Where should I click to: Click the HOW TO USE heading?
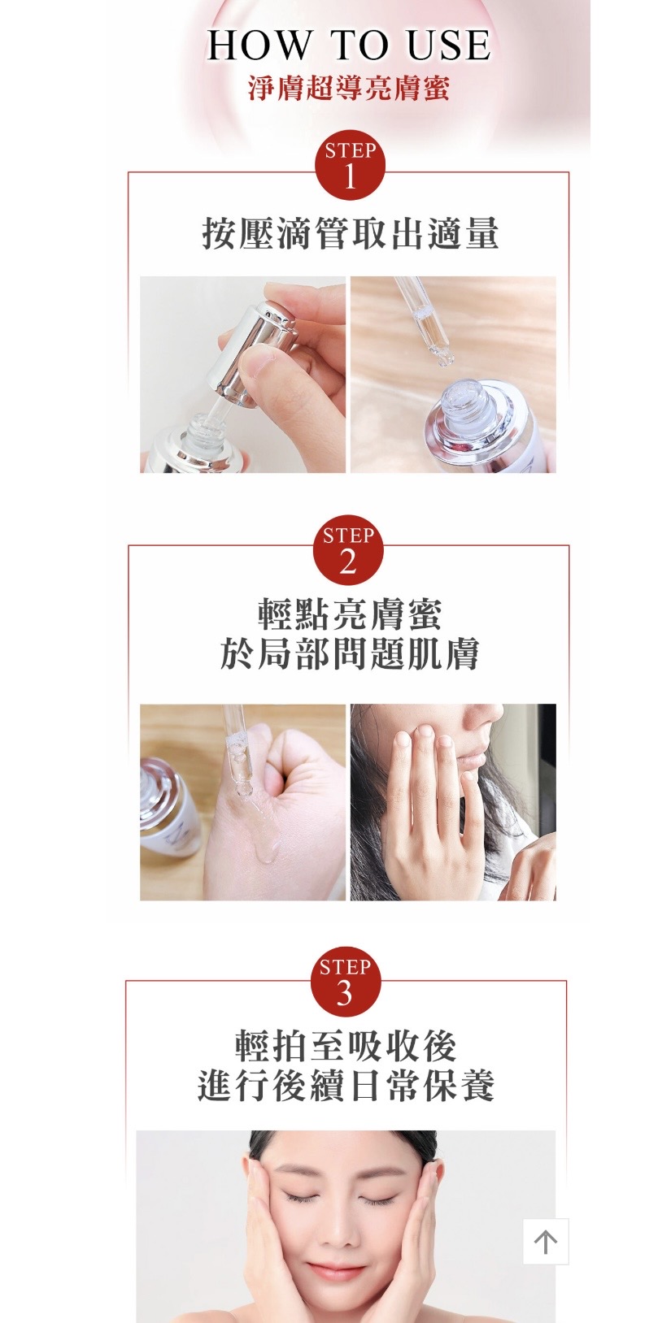(x=349, y=46)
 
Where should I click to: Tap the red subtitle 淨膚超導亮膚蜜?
(x=349, y=89)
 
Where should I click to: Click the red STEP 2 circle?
(x=348, y=550)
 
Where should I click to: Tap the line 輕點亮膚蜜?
(x=350, y=614)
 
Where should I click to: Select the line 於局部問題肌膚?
(x=350, y=654)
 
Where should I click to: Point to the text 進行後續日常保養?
(x=346, y=1086)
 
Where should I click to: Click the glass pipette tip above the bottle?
(x=441, y=358)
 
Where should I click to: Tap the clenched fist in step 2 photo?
(x=295, y=768)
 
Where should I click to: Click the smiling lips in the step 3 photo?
(x=344, y=1269)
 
